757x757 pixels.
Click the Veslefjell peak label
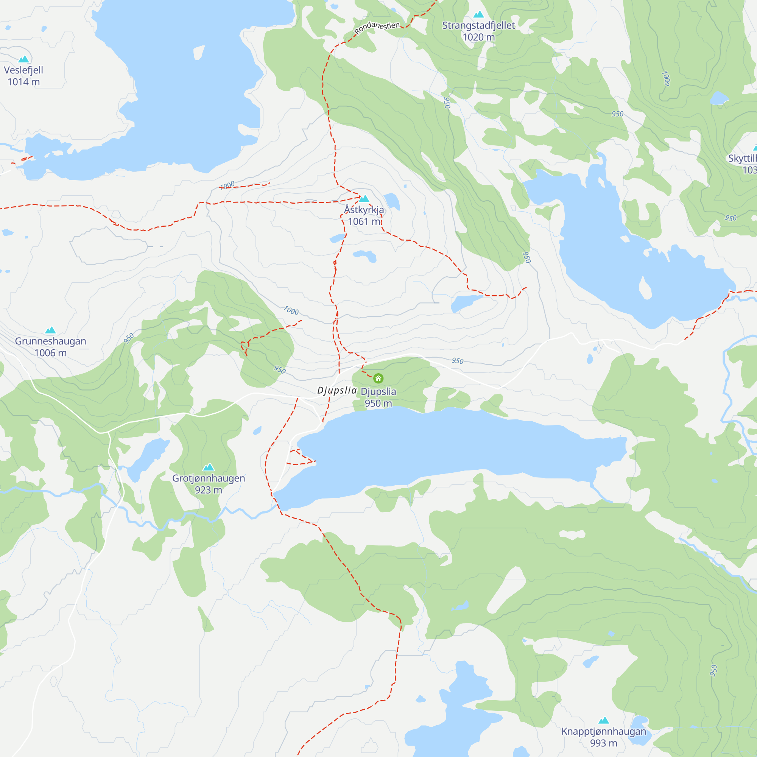[23, 70]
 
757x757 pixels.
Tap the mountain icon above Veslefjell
[23, 59]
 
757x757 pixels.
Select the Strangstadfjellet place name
[478, 25]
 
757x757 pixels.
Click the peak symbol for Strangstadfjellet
[478, 14]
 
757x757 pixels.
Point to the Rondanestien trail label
[377, 27]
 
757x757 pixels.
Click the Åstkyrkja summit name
[364, 210]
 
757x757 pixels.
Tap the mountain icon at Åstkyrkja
[364, 199]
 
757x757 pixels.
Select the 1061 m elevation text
[364, 222]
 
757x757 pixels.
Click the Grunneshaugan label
[51, 341]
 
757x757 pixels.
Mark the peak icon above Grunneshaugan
[51, 330]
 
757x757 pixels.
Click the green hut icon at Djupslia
[378, 378]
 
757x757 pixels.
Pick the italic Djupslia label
[337, 390]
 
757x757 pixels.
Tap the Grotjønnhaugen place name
[209, 478]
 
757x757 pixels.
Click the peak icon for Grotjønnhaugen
[209, 467]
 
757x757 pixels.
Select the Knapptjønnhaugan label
[603, 732]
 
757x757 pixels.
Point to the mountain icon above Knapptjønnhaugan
[604, 721]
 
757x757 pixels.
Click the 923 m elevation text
[209, 490]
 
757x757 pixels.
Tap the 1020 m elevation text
[478, 37]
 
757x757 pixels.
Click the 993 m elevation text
[603, 743]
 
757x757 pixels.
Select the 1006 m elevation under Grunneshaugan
[51, 353]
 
